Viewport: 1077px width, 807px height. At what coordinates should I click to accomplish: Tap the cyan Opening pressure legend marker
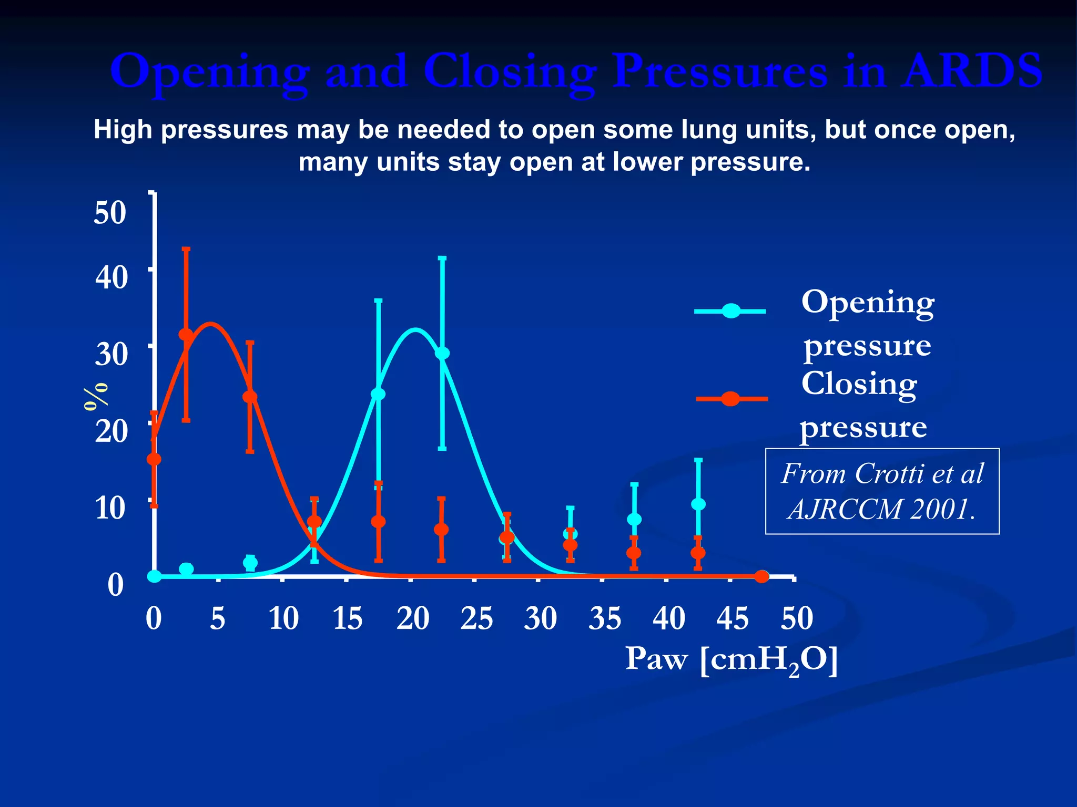[730, 311]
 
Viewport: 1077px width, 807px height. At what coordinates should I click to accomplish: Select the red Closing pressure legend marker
[730, 399]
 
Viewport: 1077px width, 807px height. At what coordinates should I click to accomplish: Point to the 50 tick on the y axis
[110, 213]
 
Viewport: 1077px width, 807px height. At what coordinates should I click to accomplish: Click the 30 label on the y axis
[111, 354]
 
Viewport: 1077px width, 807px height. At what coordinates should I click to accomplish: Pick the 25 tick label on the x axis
[476, 618]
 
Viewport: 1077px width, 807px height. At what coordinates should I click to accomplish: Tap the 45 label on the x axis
[732, 618]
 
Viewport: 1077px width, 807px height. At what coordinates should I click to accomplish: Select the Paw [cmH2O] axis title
[731, 659]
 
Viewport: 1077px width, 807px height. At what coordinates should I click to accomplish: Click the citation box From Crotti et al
[882, 491]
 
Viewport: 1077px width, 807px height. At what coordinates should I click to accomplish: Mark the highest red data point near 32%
[186, 335]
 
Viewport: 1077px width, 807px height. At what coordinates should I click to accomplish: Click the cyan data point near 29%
[442, 353]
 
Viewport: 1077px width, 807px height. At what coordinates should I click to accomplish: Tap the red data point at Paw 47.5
[761, 577]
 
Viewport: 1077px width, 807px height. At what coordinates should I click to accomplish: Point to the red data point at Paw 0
[154, 459]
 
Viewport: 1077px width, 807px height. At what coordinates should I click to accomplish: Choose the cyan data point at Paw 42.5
[698, 504]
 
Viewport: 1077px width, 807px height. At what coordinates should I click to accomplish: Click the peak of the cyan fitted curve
[415, 330]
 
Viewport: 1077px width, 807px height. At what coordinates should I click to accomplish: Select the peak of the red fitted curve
[210, 324]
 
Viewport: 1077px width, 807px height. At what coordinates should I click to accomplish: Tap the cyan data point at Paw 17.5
[378, 394]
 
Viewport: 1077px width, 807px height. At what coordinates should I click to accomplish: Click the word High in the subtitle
[123, 130]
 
